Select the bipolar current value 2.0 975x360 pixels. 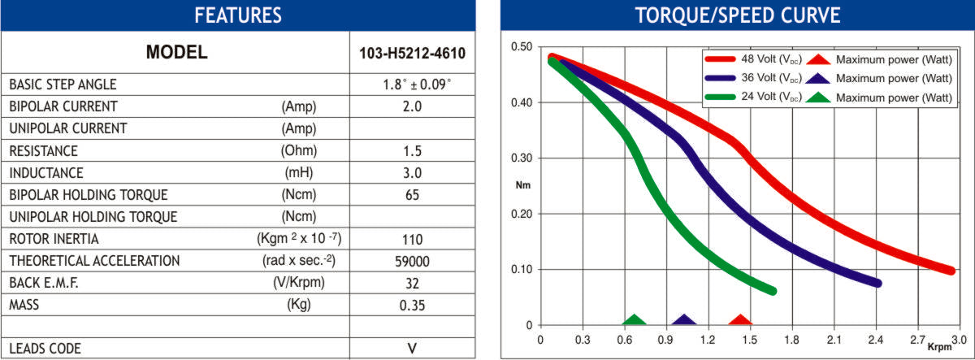pyautogui.click(x=412, y=106)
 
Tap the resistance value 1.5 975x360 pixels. pyautogui.click(x=412, y=150)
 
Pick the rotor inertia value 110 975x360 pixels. pyautogui.click(x=412, y=240)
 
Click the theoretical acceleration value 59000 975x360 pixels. pyautogui.click(x=412, y=262)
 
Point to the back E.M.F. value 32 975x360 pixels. pyautogui.click(x=412, y=284)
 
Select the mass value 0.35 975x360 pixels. pyautogui.click(x=412, y=306)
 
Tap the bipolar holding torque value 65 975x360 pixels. pyautogui.click(x=412, y=195)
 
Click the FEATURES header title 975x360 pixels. pyautogui.click(x=237, y=15)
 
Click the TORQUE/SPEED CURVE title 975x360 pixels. pyautogui.click(x=737, y=15)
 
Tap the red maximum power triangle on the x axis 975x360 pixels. pyautogui.click(x=740, y=320)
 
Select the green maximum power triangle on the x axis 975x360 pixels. pyautogui.click(x=635, y=320)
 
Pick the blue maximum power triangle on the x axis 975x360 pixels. pyautogui.click(x=684, y=320)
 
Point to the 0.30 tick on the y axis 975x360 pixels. pyautogui.click(x=521, y=158)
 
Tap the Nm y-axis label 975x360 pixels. pyautogui.click(x=522, y=185)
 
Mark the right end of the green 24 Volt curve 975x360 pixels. pyautogui.click(x=771, y=290)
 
